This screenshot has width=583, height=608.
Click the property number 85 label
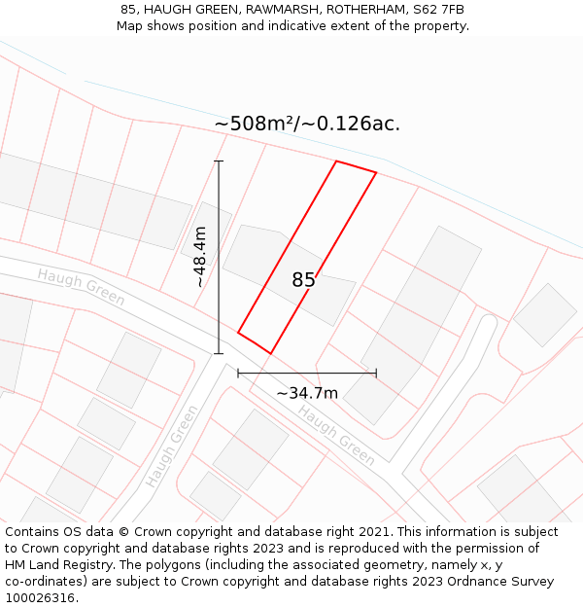(x=303, y=280)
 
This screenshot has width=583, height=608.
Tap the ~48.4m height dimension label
(x=198, y=257)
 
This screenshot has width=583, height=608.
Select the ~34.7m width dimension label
(x=307, y=393)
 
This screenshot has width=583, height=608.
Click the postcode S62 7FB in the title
(x=438, y=10)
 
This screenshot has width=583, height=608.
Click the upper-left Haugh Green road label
(x=82, y=287)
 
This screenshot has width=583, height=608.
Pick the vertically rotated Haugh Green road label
(x=171, y=446)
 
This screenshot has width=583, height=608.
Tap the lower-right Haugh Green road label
(x=336, y=435)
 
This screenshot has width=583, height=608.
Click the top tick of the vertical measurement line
(x=219, y=161)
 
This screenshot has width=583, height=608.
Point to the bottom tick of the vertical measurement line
(x=219, y=353)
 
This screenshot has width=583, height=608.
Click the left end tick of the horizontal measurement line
(x=238, y=373)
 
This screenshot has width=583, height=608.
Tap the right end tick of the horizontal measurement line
(x=376, y=373)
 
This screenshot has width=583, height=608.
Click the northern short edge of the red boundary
(x=356, y=167)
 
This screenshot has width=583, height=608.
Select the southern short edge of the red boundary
(x=254, y=342)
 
